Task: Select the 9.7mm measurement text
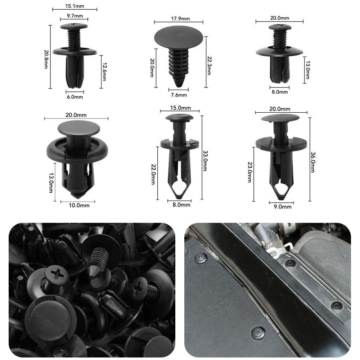[x=75, y=16]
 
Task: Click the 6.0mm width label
[x=75, y=97]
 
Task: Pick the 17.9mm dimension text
[x=179, y=19]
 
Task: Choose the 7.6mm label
[x=179, y=95]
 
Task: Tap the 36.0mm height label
[x=312, y=161]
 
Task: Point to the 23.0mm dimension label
[x=249, y=172]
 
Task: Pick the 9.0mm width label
[x=280, y=207]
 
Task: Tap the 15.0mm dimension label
[x=180, y=108]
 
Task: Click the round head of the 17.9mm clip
[x=179, y=38]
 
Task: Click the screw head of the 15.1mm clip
[x=74, y=26]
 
